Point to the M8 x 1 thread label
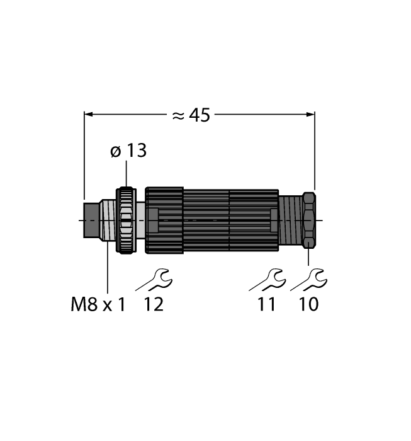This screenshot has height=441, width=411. pyautogui.click(x=98, y=305)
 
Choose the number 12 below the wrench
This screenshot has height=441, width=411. pyautogui.click(x=154, y=305)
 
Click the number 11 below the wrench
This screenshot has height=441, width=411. pyautogui.click(x=267, y=305)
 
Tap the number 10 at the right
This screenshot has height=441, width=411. pyautogui.click(x=308, y=305)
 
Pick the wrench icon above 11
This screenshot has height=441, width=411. pyautogui.click(x=267, y=278)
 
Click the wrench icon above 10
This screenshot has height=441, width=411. pyautogui.click(x=308, y=278)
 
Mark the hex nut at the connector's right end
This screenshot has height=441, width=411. pyautogui.click(x=308, y=220)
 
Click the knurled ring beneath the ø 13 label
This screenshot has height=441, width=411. pyautogui.click(x=127, y=220)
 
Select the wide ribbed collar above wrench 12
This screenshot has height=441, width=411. pyautogui.click(x=164, y=220)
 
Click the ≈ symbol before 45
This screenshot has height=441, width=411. pyautogui.click(x=178, y=115)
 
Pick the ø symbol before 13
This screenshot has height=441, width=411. pyautogui.click(x=115, y=152)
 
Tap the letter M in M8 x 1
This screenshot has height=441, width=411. pyautogui.click(x=77, y=305)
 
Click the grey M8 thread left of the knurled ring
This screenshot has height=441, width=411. pyautogui.click(x=110, y=220)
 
